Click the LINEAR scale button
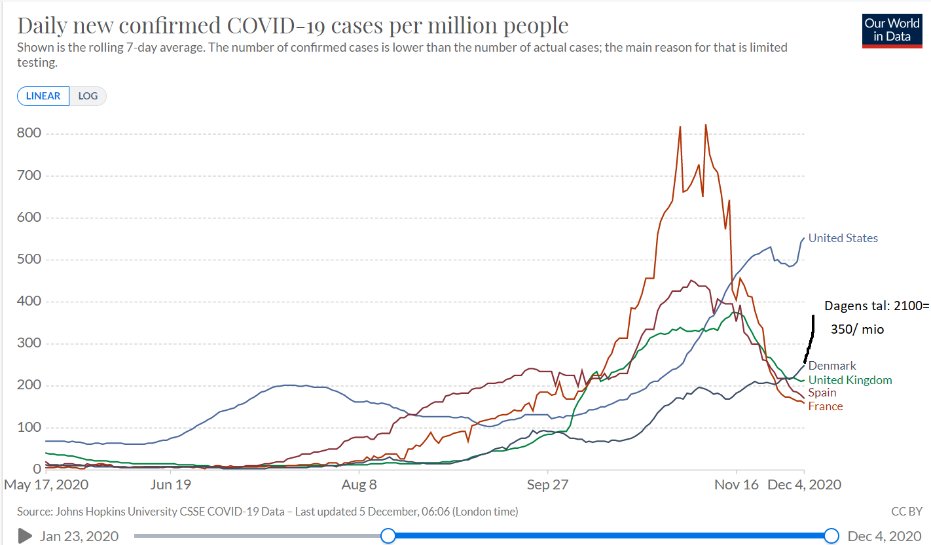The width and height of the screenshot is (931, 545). [x=43, y=96]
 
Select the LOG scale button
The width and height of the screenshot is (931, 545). [x=88, y=96]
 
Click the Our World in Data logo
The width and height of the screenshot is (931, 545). [x=891, y=30]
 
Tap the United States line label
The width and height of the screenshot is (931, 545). [x=843, y=238]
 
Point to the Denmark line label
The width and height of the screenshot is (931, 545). [x=832, y=366]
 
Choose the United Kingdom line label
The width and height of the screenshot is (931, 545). [x=850, y=380]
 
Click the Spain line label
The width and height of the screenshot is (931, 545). [x=822, y=393]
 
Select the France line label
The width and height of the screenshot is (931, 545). [x=826, y=406]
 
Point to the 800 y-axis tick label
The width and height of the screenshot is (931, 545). [x=29, y=133]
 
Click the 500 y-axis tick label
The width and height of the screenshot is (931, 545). [x=29, y=260]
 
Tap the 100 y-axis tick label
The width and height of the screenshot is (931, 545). [x=29, y=427]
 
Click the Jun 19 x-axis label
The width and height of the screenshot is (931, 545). [x=170, y=485]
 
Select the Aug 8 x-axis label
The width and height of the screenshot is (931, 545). [x=359, y=485]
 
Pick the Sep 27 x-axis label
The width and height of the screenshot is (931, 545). [x=548, y=485]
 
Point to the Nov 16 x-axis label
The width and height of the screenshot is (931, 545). [x=737, y=485]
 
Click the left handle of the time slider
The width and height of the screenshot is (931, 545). [x=388, y=536]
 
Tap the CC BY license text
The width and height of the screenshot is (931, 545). [x=907, y=511]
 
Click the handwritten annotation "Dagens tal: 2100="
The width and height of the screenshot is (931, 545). [x=876, y=306]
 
